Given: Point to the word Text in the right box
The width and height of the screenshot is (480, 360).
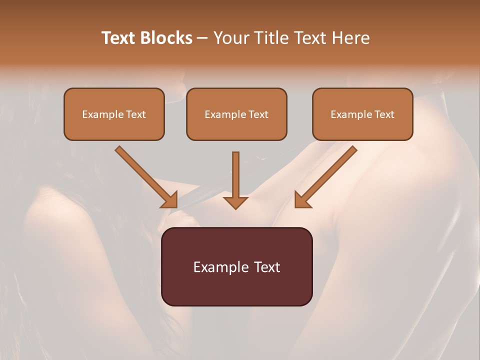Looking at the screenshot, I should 384,114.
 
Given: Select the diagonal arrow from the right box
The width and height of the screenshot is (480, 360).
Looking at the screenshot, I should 325,177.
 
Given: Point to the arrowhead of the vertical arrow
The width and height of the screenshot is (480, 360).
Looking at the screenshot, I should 235,202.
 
